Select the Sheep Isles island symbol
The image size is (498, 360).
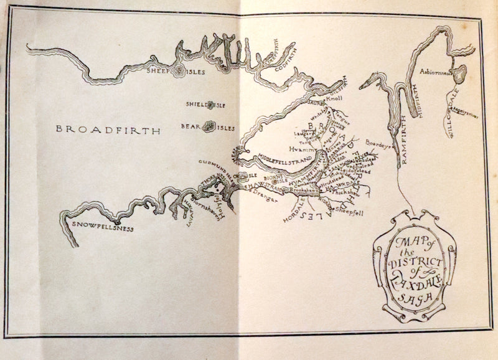178,72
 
